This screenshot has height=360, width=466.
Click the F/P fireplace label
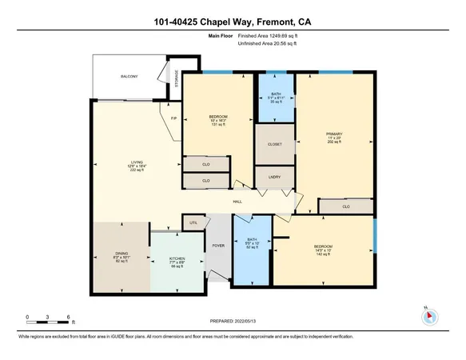coord(174,119)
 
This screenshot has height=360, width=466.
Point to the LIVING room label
coord(137,166)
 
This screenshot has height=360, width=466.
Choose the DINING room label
coord(121,257)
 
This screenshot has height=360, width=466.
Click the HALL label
coord(237,202)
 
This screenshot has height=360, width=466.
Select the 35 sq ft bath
coord(276,98)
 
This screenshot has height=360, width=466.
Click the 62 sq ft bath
coord(253,244)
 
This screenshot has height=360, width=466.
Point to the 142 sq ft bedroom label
coord(324,250)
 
